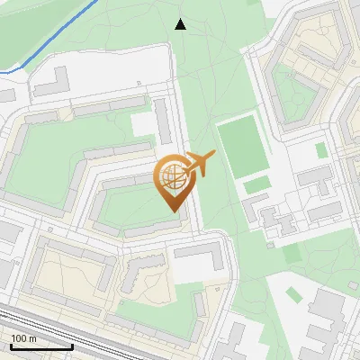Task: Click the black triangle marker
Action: (x=180, y=24)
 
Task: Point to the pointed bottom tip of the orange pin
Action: (x=172, y=211)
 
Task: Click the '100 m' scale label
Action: (x=24, y=338)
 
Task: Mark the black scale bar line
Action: (x=41, y=346)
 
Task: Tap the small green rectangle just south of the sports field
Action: (x=257, y=185)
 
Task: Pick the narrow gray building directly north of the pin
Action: (x=163, y=121)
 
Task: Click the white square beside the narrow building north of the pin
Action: (x=143, y=124)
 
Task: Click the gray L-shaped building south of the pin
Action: (x=202, y=261)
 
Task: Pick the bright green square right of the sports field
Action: (x=321, y=150)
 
